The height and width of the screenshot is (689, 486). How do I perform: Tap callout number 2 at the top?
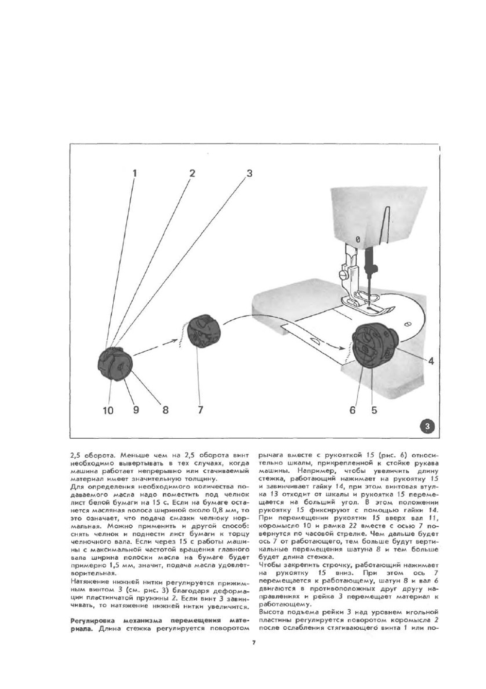tap(192, 173)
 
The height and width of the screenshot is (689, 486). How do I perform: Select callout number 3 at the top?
tap(249, 173)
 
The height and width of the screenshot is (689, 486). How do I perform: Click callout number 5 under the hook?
tap(374, 410)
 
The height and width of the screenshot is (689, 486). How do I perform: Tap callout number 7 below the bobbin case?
tap(200, 410)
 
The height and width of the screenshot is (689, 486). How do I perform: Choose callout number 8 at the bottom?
tap(165, 410)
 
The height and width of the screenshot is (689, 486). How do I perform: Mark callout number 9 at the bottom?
tap(136, 410)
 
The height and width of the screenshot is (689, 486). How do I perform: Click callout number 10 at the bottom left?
tap(108, 410)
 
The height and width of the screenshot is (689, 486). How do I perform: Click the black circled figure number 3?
tap(427, 427)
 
